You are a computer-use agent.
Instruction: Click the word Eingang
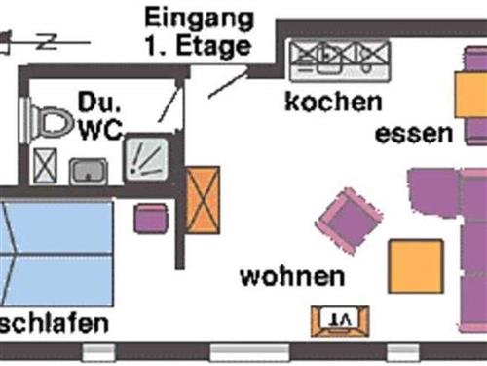pyautogui.click(x=199, y=19)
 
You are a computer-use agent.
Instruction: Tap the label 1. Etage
pyautogui.click(x=197, y=45)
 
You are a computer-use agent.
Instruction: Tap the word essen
pyautogui.click(x=414, y=134)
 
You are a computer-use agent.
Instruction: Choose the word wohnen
pyautogui.click(x=292, y=276)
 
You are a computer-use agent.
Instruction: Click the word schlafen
pyautogui.click(x=54, y=324)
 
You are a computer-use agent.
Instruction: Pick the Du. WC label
pyautogui.click(x=99, y=115)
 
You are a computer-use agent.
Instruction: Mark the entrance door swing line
pyautogui.click(x=226, y=82)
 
